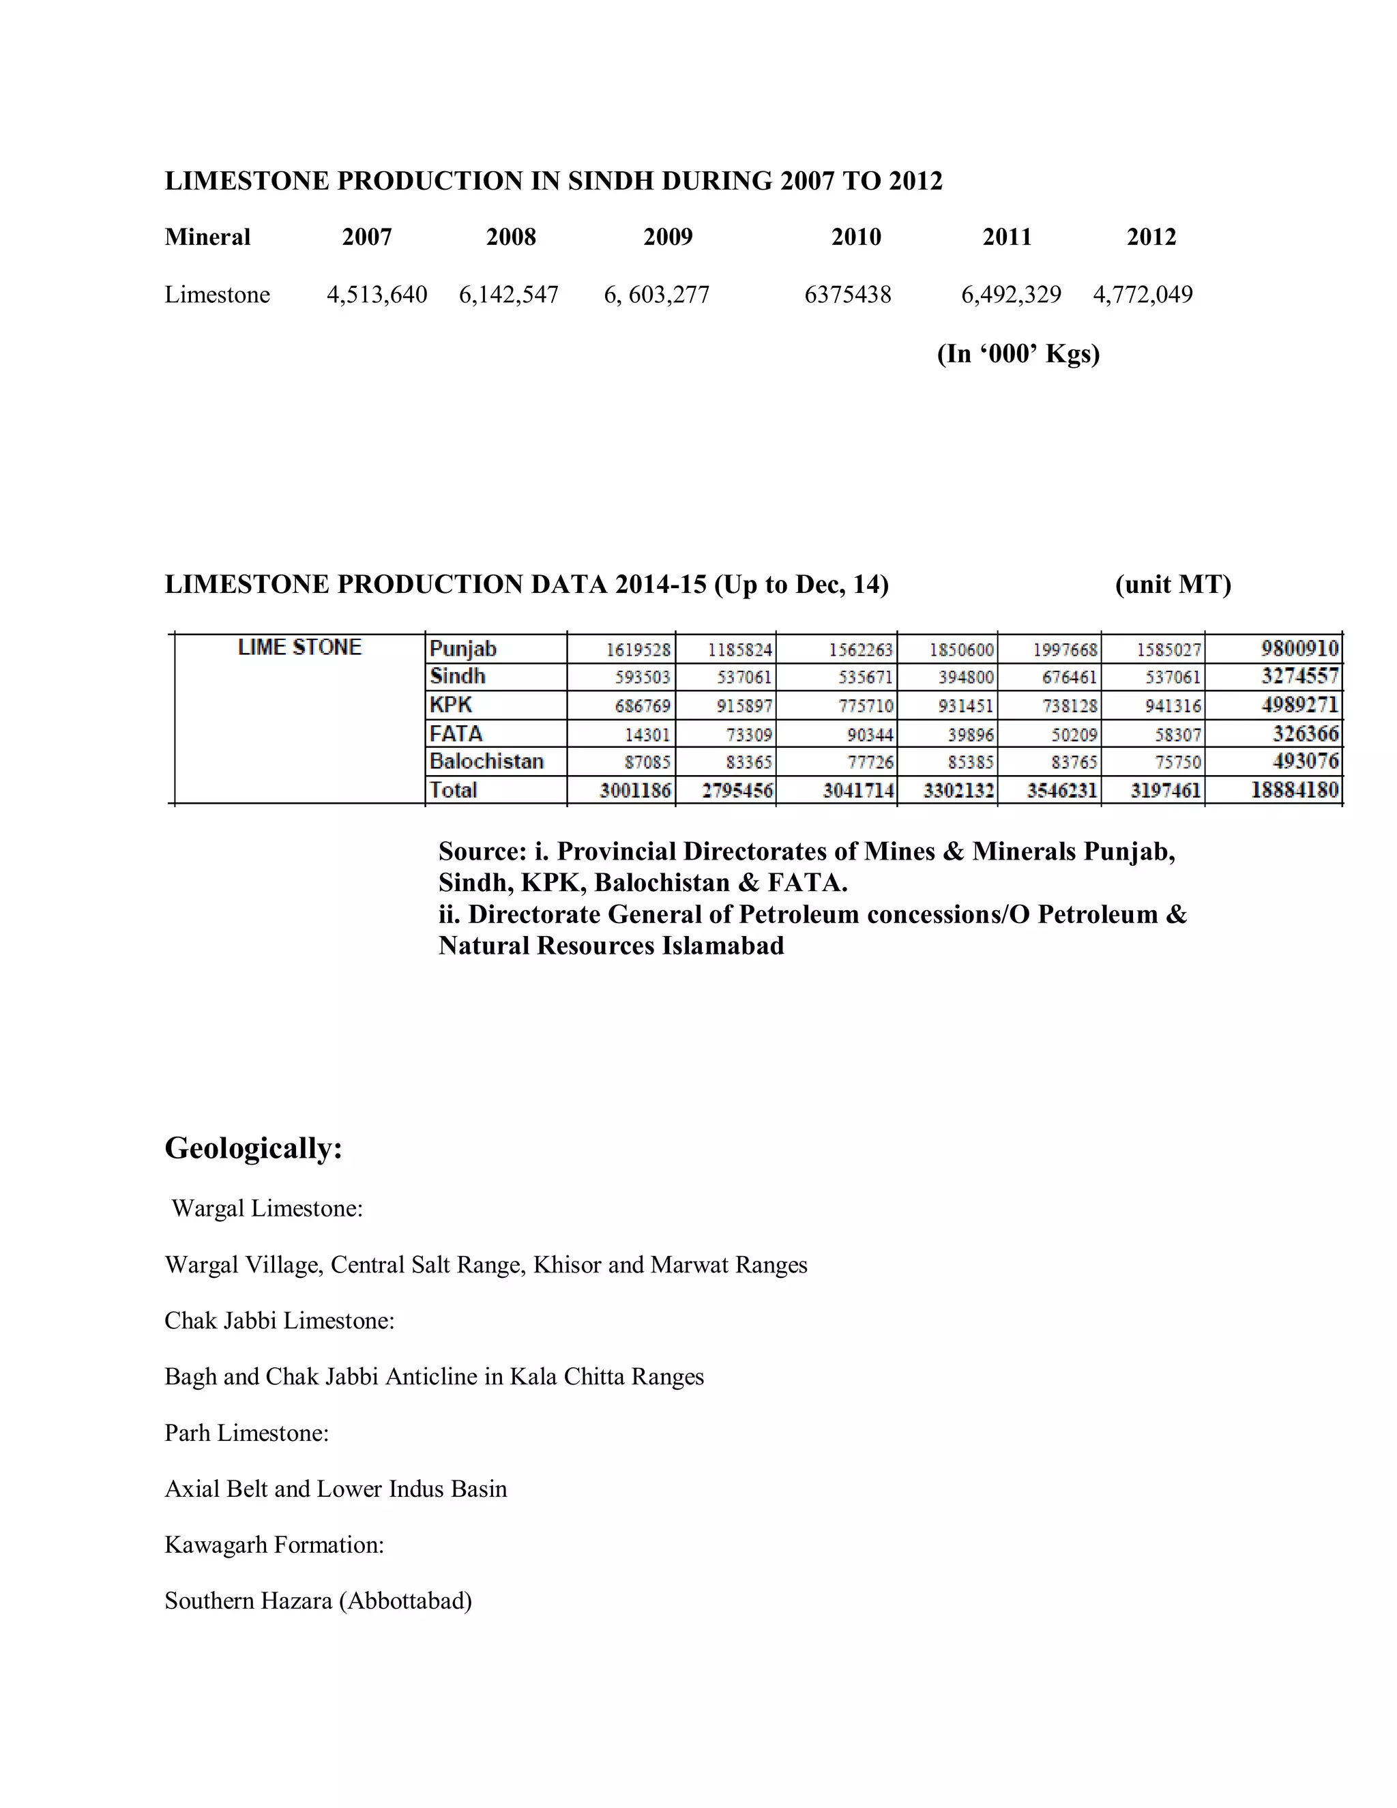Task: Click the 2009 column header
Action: pyautogui.click(x=668, y=237)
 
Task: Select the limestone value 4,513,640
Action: pyautogui.click(x=377, y=295)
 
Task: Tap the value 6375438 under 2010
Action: pyautogui.click(x=847, y=295)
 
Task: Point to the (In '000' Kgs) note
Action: pyautogui.click(x=1018, y=354)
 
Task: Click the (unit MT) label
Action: pyautogui.click(x=1173, y=585)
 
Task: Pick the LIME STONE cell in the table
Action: pyautogui.click(x=299, y=647)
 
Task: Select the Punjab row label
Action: pyautogui.click(x=462, y=649)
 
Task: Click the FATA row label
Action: pyautogui.click(x=456, y=733)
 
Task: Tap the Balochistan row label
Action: pyautogui.click(x=486, y=761)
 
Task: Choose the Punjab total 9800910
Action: pyautogui.click(x=1299, y=648)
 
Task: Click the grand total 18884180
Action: pyautogui.click(x=1295, y=790)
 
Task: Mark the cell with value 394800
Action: pyautogui.click(x=966, y=678)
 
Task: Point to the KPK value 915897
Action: pyautogui.click(x=744, y=706)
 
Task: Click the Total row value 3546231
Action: pyautogui.click(x=1062, y=791)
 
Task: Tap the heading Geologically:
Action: pyautogui.click(x=253, y=1148)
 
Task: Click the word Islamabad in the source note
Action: pyautogui.click(x=722, y=946)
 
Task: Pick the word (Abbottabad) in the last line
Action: pyautogui.click(x=406, y=1601)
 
